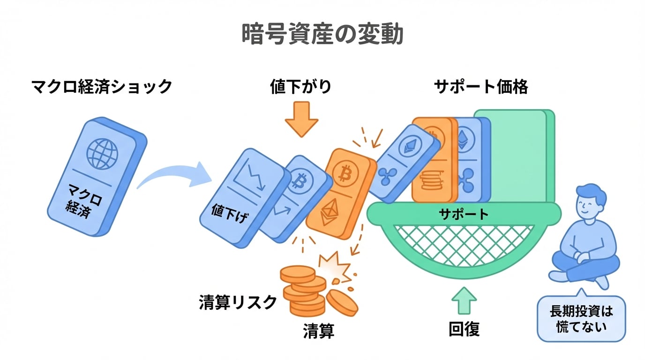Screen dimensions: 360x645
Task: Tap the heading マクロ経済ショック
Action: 102,87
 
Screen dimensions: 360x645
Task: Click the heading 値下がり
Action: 300,87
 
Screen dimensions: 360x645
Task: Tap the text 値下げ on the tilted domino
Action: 230,214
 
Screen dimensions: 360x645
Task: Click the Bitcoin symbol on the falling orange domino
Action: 345,175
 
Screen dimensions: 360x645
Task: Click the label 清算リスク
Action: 238,303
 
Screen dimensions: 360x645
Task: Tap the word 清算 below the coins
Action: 318,331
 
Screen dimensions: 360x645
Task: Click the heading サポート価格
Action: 481,87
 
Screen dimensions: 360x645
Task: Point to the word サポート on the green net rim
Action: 464,214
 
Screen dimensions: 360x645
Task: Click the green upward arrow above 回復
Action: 464,300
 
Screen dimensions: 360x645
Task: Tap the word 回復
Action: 464,330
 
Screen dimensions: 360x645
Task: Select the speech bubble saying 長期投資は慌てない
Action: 581,319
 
